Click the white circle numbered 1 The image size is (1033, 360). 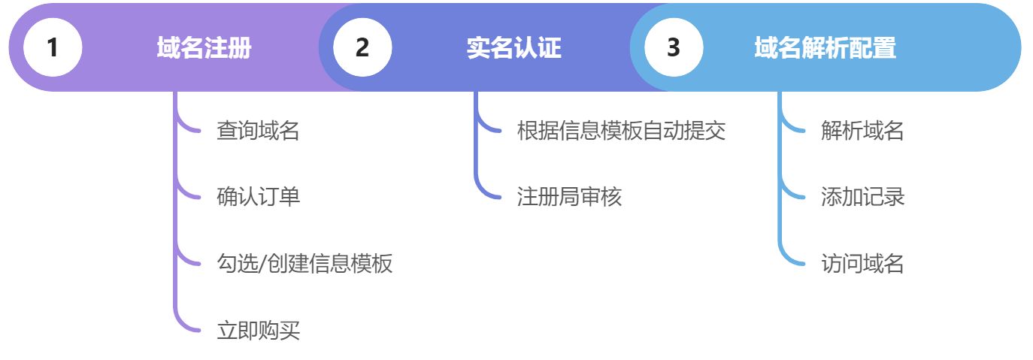click(52, 47)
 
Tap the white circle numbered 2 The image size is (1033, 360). click(362, 47)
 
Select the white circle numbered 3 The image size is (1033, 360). click(673, 47)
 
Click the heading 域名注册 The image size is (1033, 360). click(204, 48)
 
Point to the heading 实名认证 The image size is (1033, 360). click(513, 48)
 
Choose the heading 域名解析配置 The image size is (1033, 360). click(825, 48)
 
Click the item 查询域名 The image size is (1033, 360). click(258, 131)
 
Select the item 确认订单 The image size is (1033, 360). click(258, 197)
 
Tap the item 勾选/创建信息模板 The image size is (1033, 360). click(304, 263)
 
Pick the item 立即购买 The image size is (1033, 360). click(258, 330)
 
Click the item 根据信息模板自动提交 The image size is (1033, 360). click(621, 131)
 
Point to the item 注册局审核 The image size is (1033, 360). click(569, 197)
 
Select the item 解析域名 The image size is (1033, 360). click(862, 131)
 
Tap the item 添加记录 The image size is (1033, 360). click(862, 197)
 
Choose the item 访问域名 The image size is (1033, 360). click(862, 263)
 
